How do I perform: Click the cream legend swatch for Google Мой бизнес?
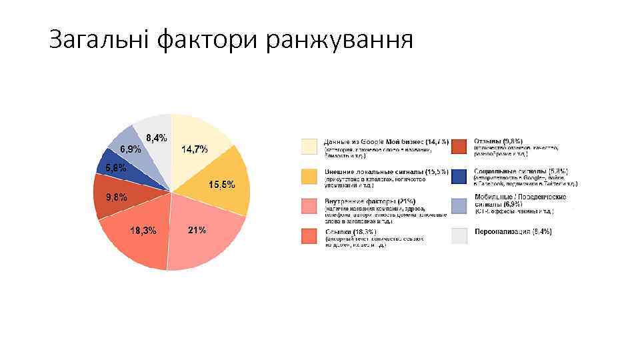pyautogui.click(x=309, y=146)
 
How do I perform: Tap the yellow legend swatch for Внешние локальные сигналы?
pyautogui.click(x=309, y=176)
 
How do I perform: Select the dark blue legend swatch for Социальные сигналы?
pyautogui.click(x=459, y=176)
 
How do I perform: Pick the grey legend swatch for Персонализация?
pyautogui.click(x=459, y=235)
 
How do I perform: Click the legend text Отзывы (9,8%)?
pyautogui.click(x=499, y=141)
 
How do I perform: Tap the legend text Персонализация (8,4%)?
pyautogui.click(x=513, y=231)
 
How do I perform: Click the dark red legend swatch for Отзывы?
pyautogui.click(x=459, y=146)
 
